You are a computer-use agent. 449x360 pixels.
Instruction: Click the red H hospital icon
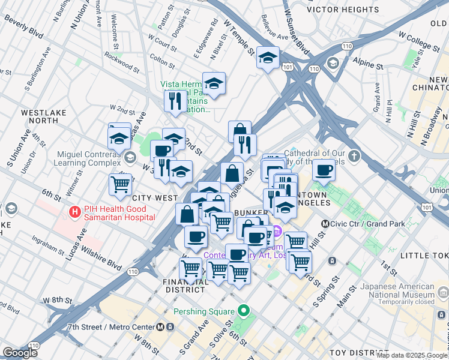click(x=75, y=212)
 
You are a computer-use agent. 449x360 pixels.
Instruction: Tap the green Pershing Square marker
click(x=243, y=311)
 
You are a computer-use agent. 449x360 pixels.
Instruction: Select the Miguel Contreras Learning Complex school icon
click(x=130, y=158)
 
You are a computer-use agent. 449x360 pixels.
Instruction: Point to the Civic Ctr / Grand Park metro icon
click(x=325, y=224)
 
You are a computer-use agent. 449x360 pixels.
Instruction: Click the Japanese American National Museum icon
click(x=443, y=291)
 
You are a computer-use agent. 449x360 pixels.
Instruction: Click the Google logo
click(x=20, y=353)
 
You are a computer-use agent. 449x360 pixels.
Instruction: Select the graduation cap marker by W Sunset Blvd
click(x=268, y=58)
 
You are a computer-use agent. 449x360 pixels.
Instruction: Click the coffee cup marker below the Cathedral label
click(x=324, y=170)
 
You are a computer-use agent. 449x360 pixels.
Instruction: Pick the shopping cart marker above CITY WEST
click(x=121, y=184)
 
